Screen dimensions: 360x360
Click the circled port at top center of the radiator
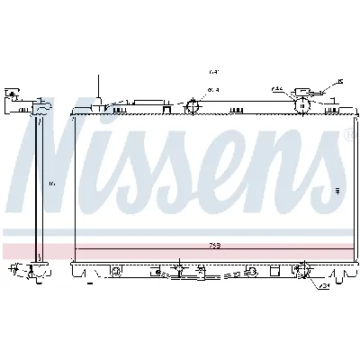(x=191, y=108)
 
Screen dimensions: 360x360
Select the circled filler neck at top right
(x=302, y=105)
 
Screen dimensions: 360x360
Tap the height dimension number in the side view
(x=52, y=184)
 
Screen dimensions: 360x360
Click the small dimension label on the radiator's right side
(x=338, y=190)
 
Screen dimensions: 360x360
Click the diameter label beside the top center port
(x=213, y=90)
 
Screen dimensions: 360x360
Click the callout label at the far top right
(x=340, y=82)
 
